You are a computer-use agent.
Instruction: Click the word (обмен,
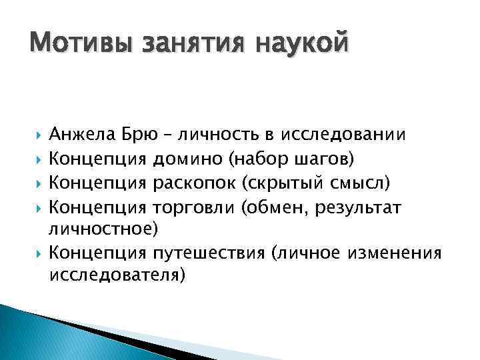[273, 207]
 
